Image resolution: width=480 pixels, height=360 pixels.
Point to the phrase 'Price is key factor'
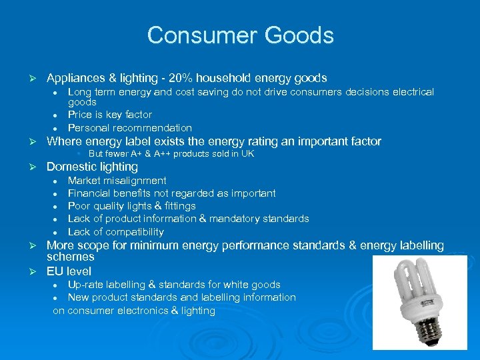[x=110, y=115]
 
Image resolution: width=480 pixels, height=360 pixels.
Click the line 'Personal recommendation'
[x=129, y=127]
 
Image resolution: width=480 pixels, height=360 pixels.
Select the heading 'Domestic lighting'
[x=92, y=167]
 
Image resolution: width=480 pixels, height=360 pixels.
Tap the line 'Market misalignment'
[x=117, y=181]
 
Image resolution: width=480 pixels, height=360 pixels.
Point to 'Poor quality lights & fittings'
[x=131, y=206]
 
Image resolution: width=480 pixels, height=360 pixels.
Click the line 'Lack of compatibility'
[x=115, y=232]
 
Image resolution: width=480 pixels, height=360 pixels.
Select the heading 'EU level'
[x=69, y=271]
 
